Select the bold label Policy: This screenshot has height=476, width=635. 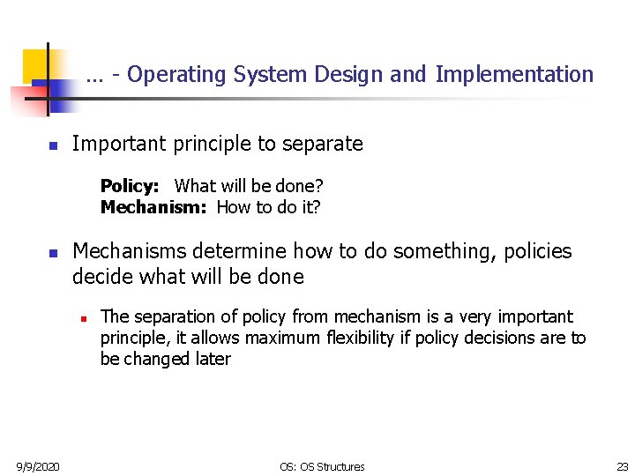click(130, 186)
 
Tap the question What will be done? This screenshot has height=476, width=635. click(249, 186)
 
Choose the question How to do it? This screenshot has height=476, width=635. click(268, 207)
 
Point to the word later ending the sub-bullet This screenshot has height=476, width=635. click(212, 359)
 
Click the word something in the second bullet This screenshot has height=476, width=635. click(447, 252)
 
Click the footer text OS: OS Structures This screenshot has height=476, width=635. click(322, 466)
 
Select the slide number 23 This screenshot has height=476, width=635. click(622, 466)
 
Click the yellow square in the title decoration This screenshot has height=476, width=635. click(35, 63)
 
